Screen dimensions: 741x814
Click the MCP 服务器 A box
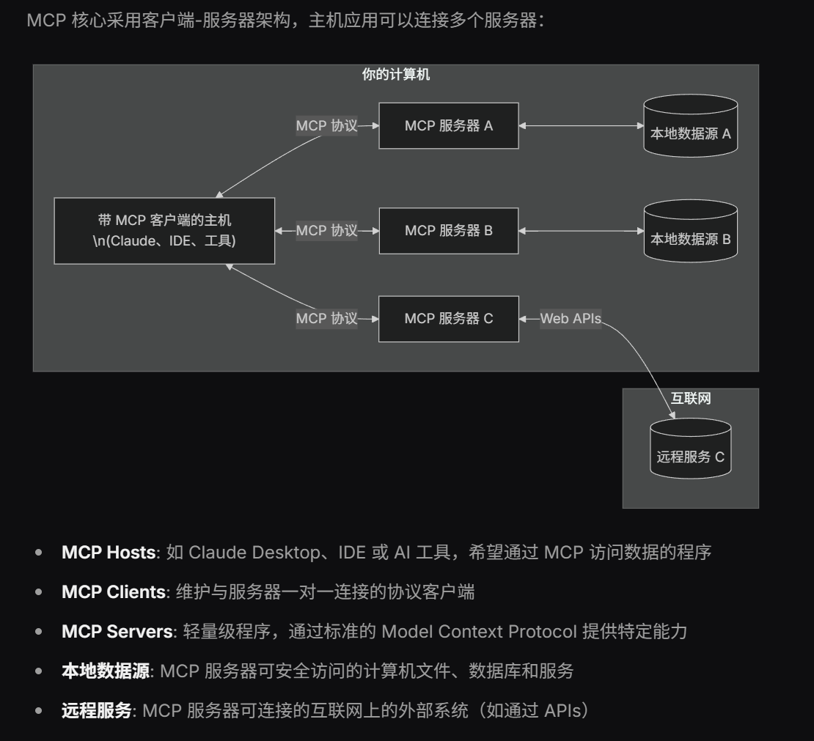449,126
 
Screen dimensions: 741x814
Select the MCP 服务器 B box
449,231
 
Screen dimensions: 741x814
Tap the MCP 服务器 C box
449,319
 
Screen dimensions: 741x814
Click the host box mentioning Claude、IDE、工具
165,230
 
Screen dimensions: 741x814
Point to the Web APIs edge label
571,319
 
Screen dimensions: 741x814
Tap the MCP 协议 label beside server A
326,126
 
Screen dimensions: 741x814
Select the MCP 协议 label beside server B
326,231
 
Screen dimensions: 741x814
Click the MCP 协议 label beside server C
326,319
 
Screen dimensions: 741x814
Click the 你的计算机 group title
396,75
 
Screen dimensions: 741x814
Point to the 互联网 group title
691,399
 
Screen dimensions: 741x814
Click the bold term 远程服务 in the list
96,710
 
